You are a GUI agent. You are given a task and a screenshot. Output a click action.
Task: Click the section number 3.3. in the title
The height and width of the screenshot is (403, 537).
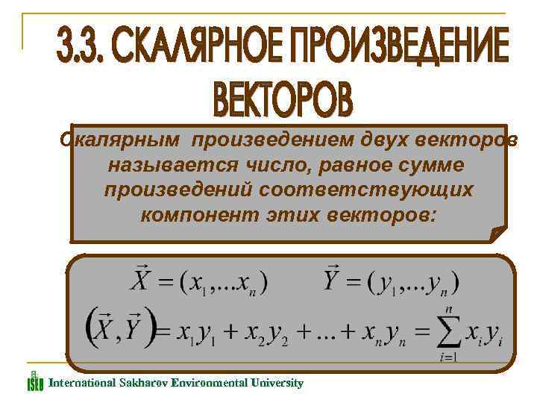[84, 49]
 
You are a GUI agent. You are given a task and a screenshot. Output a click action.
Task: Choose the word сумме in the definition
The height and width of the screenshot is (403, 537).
[430, 163]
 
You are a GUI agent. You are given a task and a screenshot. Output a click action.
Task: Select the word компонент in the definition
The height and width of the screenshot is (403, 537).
[193, 215]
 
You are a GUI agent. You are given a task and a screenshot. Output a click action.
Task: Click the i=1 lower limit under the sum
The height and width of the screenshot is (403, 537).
[448, 357]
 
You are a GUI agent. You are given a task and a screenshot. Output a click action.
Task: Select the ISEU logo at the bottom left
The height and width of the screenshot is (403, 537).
[35, 381]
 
